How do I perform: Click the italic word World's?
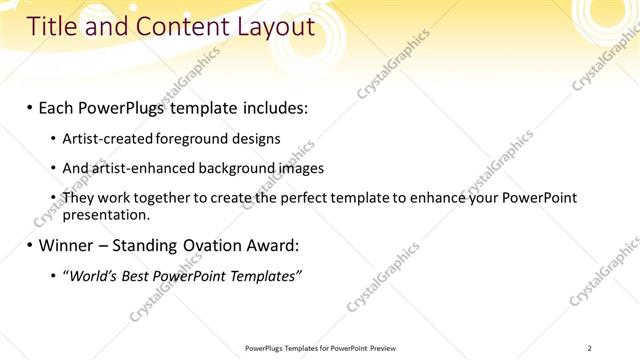[94, 276]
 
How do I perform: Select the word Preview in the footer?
[383, 348]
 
